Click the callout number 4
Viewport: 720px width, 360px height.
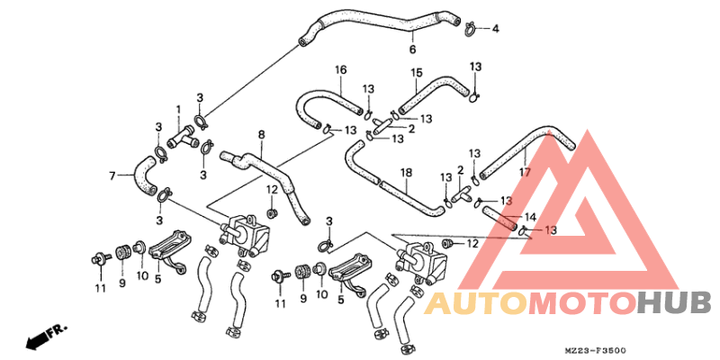coord(495,29)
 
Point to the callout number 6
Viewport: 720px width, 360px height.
coord(412,49)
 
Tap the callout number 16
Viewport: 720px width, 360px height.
coord(341,70)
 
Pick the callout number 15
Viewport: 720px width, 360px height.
coord(416,73)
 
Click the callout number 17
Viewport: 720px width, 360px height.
coord(525,173)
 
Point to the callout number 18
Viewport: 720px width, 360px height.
coord(407,173)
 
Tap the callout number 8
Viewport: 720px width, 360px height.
coord(261,135)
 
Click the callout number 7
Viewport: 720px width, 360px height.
coord(112,175)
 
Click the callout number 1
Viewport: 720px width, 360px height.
coord(178,109)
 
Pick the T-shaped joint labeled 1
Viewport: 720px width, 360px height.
coord(183,138)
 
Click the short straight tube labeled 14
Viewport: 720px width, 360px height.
coord(499,218)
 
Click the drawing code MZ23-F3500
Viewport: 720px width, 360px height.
coord(594,350)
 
